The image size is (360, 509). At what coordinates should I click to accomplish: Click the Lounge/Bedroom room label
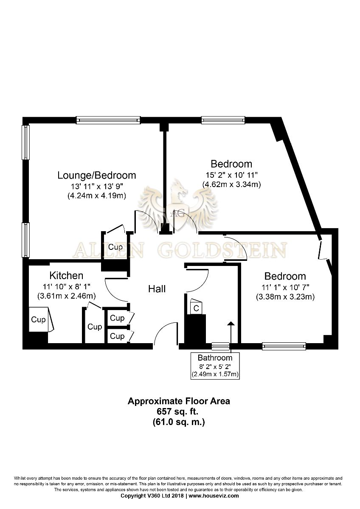tap(97, 176)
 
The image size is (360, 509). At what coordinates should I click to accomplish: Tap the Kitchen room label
tap(66, 276)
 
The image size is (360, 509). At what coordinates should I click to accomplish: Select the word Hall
tap(157, 289)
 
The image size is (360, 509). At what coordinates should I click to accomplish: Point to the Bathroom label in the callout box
tap(215, 358)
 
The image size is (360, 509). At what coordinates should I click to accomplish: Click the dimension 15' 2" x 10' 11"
tap(231, 175)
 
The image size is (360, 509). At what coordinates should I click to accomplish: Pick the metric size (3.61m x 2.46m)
tap(66, 296)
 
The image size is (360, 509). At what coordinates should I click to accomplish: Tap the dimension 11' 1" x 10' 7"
tap(285, 288)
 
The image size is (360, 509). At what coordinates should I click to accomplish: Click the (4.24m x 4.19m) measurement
tap(97, 196)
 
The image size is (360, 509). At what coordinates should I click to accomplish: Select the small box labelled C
tap(196, 308)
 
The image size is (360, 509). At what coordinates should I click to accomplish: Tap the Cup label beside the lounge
tap(115, 247)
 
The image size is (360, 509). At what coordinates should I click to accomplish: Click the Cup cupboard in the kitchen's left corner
tap(39, 320)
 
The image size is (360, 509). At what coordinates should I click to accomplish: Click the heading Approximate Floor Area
tap(179, 401)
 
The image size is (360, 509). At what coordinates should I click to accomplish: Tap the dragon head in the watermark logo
tap(179, 189)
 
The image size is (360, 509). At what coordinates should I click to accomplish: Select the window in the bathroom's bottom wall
tap(220, 346)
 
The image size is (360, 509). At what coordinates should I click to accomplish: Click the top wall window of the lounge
tap(108, 120)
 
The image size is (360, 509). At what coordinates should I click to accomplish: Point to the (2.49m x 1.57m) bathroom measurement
tap(215, 374)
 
